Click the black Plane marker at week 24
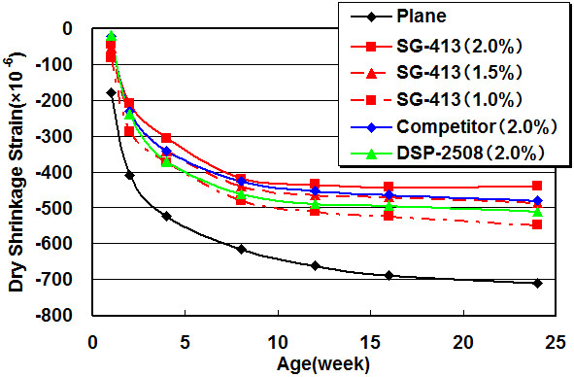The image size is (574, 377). click(537, 283)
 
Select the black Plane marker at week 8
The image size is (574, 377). click(241, 249)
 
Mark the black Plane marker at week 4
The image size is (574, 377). click(166, 216)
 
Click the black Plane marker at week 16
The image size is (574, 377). click(388, 275)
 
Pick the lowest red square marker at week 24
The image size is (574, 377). click(537, 224)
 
